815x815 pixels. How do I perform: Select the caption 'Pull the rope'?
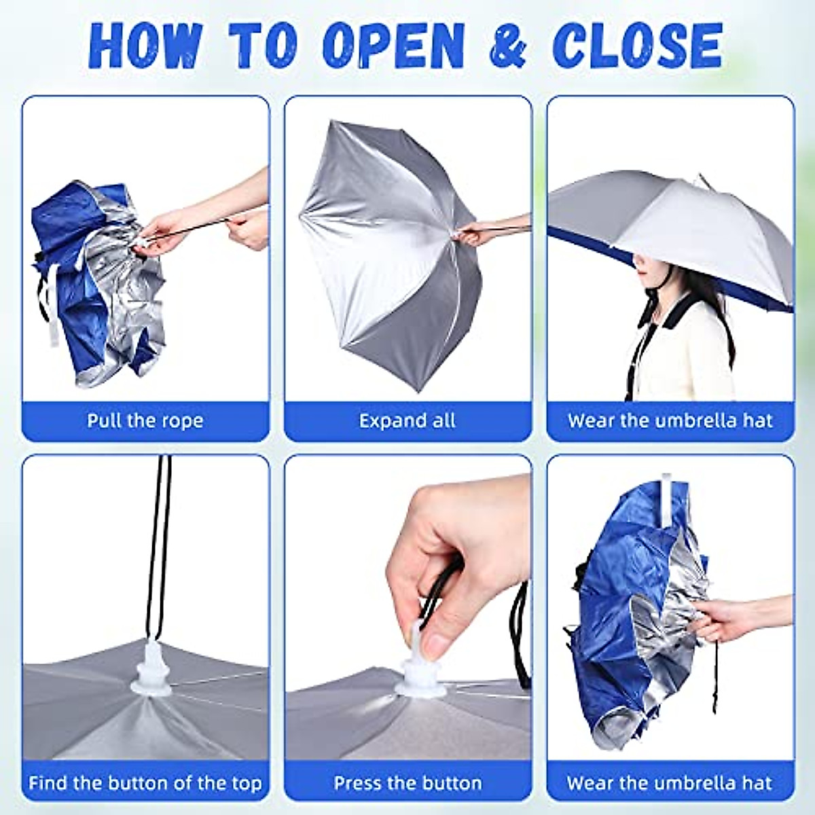(x=145, y=420)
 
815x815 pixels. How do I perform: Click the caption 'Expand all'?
(x=407, y=420)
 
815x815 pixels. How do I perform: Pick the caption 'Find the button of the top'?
(x=145, y=783)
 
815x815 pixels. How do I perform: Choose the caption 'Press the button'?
(x=407, y=783)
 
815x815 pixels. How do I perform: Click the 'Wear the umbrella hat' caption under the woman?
(x=670, y=420)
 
